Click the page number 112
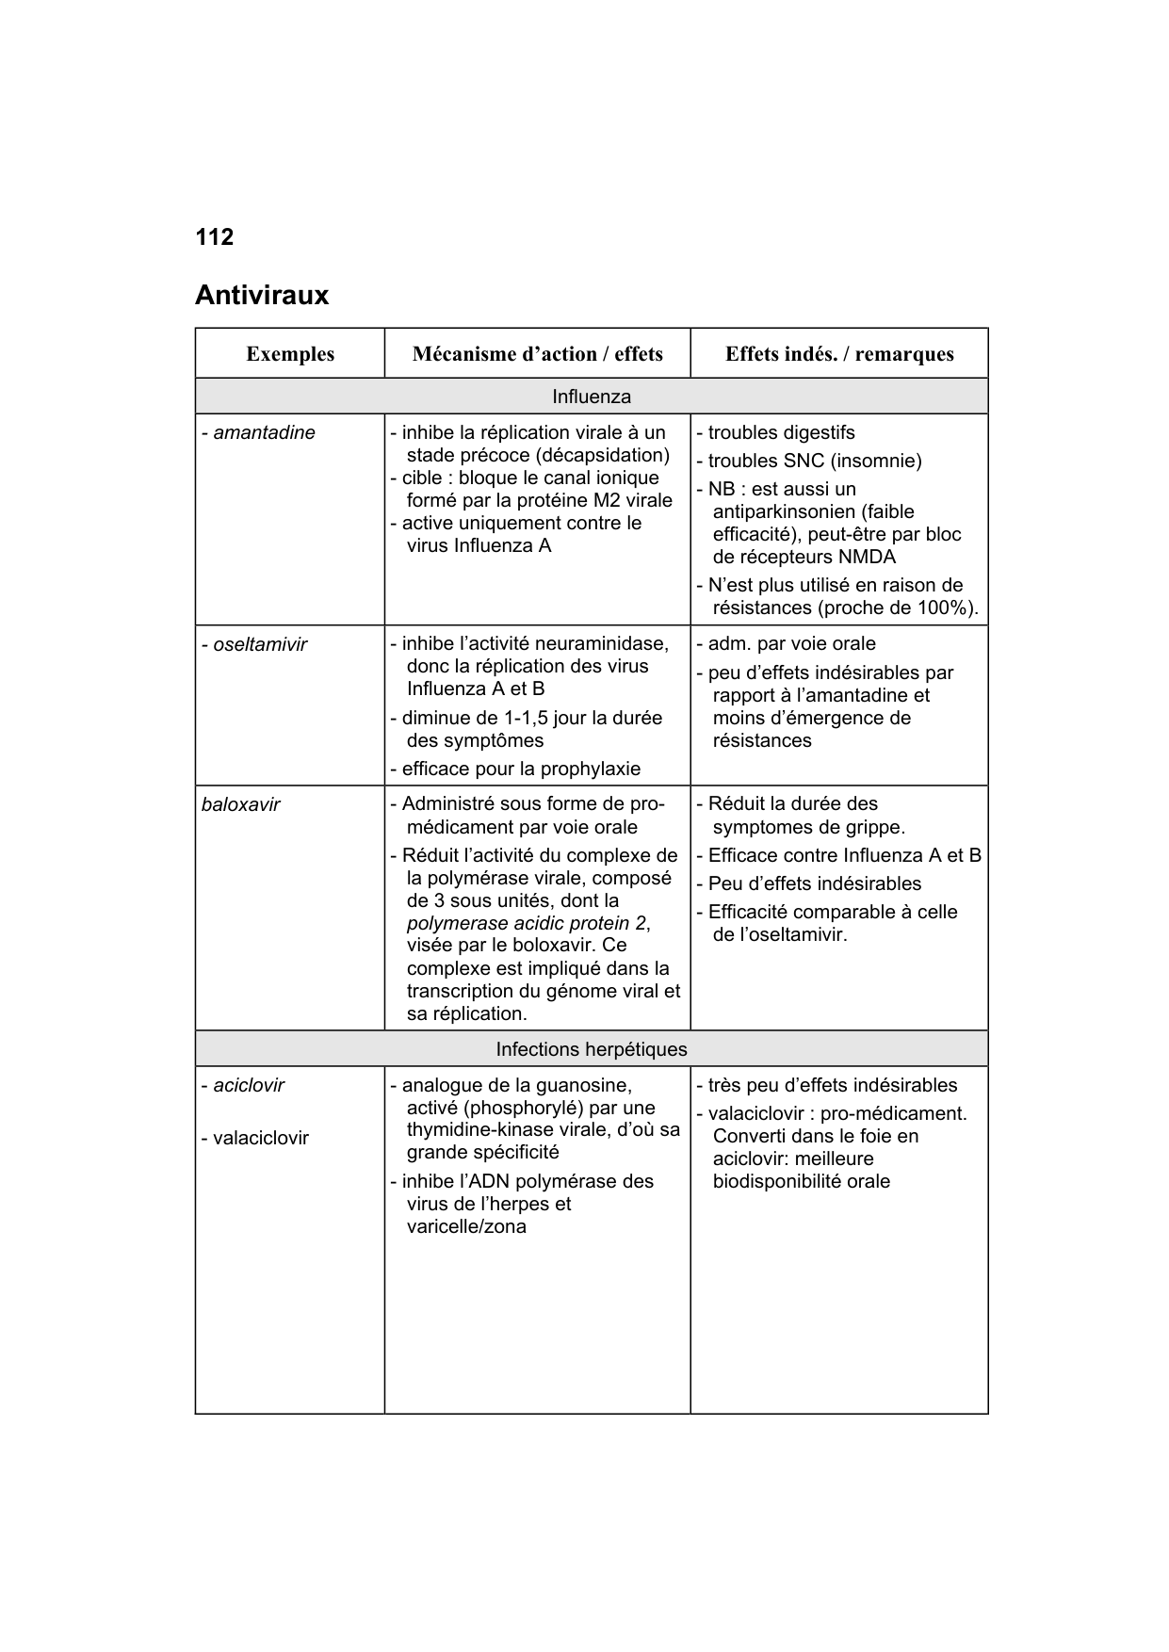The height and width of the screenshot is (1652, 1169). point(214,237)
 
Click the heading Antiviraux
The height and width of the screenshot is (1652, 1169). point(262,296)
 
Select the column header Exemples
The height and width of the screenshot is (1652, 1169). point(290,354)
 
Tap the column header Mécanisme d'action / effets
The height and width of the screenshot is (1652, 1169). point(537,354)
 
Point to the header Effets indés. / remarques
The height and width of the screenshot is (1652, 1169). point(839,354)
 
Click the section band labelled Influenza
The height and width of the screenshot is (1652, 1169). point(592,397)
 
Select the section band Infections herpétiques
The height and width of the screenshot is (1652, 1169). point(592,1049)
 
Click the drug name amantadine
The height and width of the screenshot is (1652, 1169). point(264,433)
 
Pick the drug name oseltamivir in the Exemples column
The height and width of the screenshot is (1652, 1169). point(260,645)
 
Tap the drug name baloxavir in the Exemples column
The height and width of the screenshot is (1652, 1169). point(240,805)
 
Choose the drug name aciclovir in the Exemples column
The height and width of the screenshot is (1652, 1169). point(248,1085)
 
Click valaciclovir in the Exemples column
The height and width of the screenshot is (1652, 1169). point(260,1138)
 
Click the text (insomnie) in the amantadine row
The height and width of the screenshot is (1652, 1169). point(879,462)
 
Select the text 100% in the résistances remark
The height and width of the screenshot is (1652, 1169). point(952,608)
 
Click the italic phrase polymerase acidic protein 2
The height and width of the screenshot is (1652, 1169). point(528,923)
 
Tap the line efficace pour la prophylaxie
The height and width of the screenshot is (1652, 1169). point(521,769)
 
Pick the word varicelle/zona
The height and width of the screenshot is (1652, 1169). point(466,1227)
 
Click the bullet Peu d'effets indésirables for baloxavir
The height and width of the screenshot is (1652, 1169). point(815,884)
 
